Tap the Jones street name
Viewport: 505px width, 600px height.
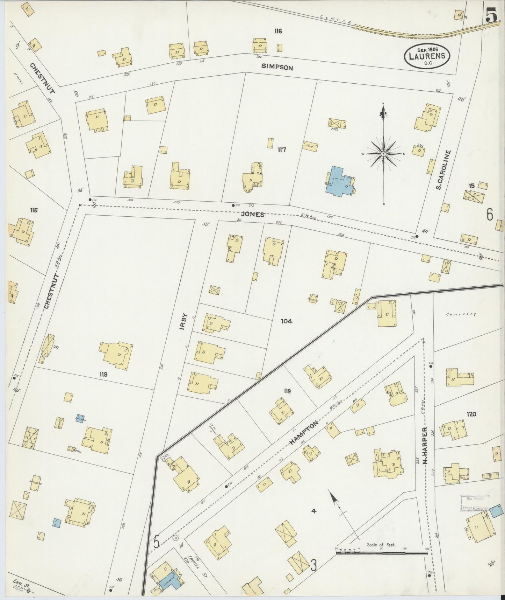[x=254, y=215]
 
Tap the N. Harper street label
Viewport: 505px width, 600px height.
[x=425, y=446]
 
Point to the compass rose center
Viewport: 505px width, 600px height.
[x=383, y=154]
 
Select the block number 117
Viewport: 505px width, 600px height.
[x=282, y=150]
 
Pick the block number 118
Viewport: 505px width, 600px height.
[x=103, y=375]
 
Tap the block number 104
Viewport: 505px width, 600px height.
[x=286, y=321]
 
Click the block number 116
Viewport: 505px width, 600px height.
[x=278, y=31]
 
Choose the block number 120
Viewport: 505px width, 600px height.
[x=471, y=414]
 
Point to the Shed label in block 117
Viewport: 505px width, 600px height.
[x=309, y=146]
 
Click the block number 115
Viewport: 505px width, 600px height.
[x=34, y=210]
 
